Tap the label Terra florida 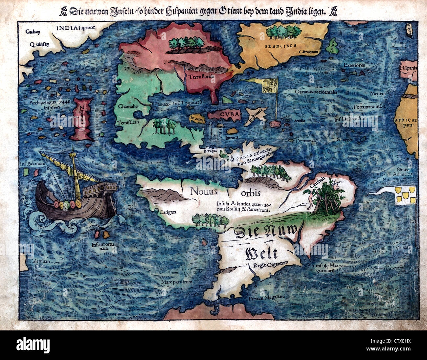201,76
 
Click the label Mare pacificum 176,282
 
